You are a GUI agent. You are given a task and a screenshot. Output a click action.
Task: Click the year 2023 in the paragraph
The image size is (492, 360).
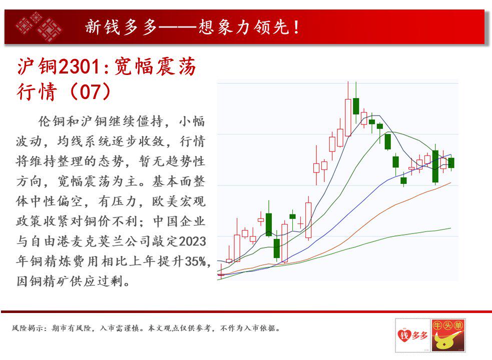tap(192, 242)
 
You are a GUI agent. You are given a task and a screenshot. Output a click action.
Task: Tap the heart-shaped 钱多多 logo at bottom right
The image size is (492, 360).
tap(412, 334)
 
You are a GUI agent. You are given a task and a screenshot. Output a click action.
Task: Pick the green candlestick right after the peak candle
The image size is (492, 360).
tap(356, 106)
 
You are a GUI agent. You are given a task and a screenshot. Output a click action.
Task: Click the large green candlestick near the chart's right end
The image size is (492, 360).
tap(435, 166)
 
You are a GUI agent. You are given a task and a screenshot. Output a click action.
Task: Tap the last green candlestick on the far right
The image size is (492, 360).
tap(451, 162)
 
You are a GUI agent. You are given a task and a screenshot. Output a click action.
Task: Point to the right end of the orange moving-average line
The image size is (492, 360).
tap(450, 183)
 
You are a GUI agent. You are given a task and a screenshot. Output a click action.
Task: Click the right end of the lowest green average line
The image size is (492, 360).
tap(450, 228)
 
